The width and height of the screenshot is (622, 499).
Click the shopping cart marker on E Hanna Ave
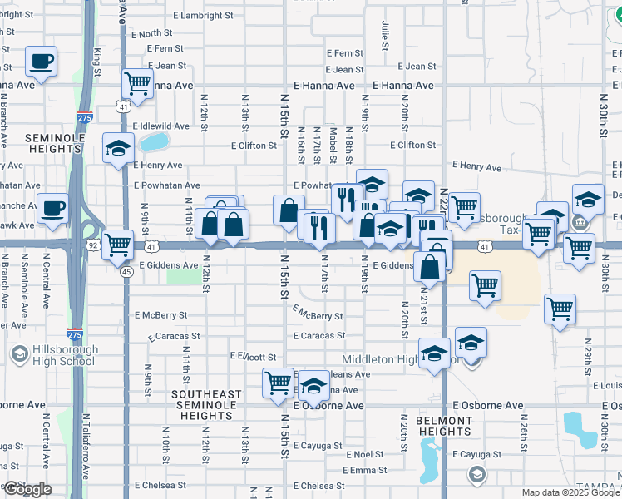[x=137, y=83]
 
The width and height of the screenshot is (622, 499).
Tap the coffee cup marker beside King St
[x=41, y=61]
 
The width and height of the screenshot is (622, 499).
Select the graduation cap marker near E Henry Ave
[x=118, y=149]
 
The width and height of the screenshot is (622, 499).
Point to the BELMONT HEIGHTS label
[x=433, y=426]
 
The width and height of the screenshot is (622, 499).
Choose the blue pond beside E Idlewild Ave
[x=153, y=141]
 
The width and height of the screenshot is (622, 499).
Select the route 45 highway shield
[x=126, y=271]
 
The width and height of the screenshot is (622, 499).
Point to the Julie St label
[x=385, y=33]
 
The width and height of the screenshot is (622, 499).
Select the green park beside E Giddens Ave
[x=178, y=274]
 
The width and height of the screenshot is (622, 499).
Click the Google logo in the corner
[x=27, y=489]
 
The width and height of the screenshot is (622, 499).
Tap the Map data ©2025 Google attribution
[x=570, y=492]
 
